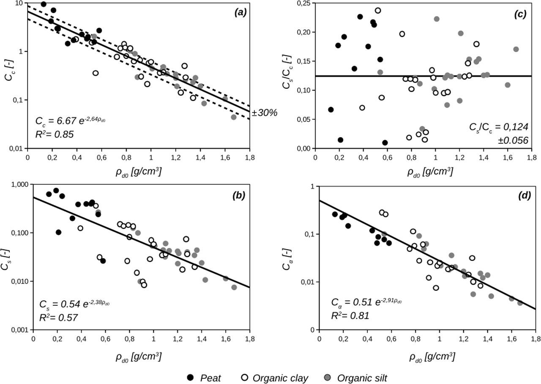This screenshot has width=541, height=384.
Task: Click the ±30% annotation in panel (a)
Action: [264, 113]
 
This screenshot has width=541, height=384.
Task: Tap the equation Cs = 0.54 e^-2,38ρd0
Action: [74, 304]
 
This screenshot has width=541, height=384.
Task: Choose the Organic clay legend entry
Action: [274, 377]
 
